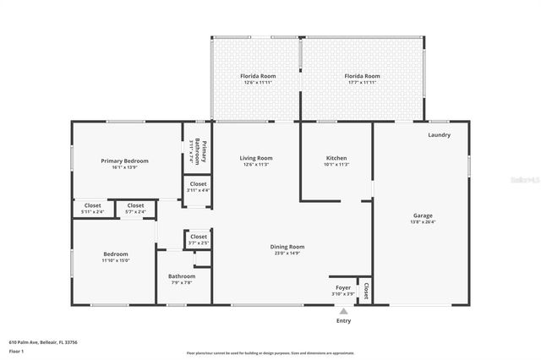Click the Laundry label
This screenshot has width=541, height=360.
pyautogui.click(x=439, y=134)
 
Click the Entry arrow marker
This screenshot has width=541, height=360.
pyautogui.click(x=343, y=311)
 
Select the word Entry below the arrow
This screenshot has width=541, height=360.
pyautogui.click(x=343, y=321)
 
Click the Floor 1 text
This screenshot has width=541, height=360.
pyautogui.click(x=17, y=351)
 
